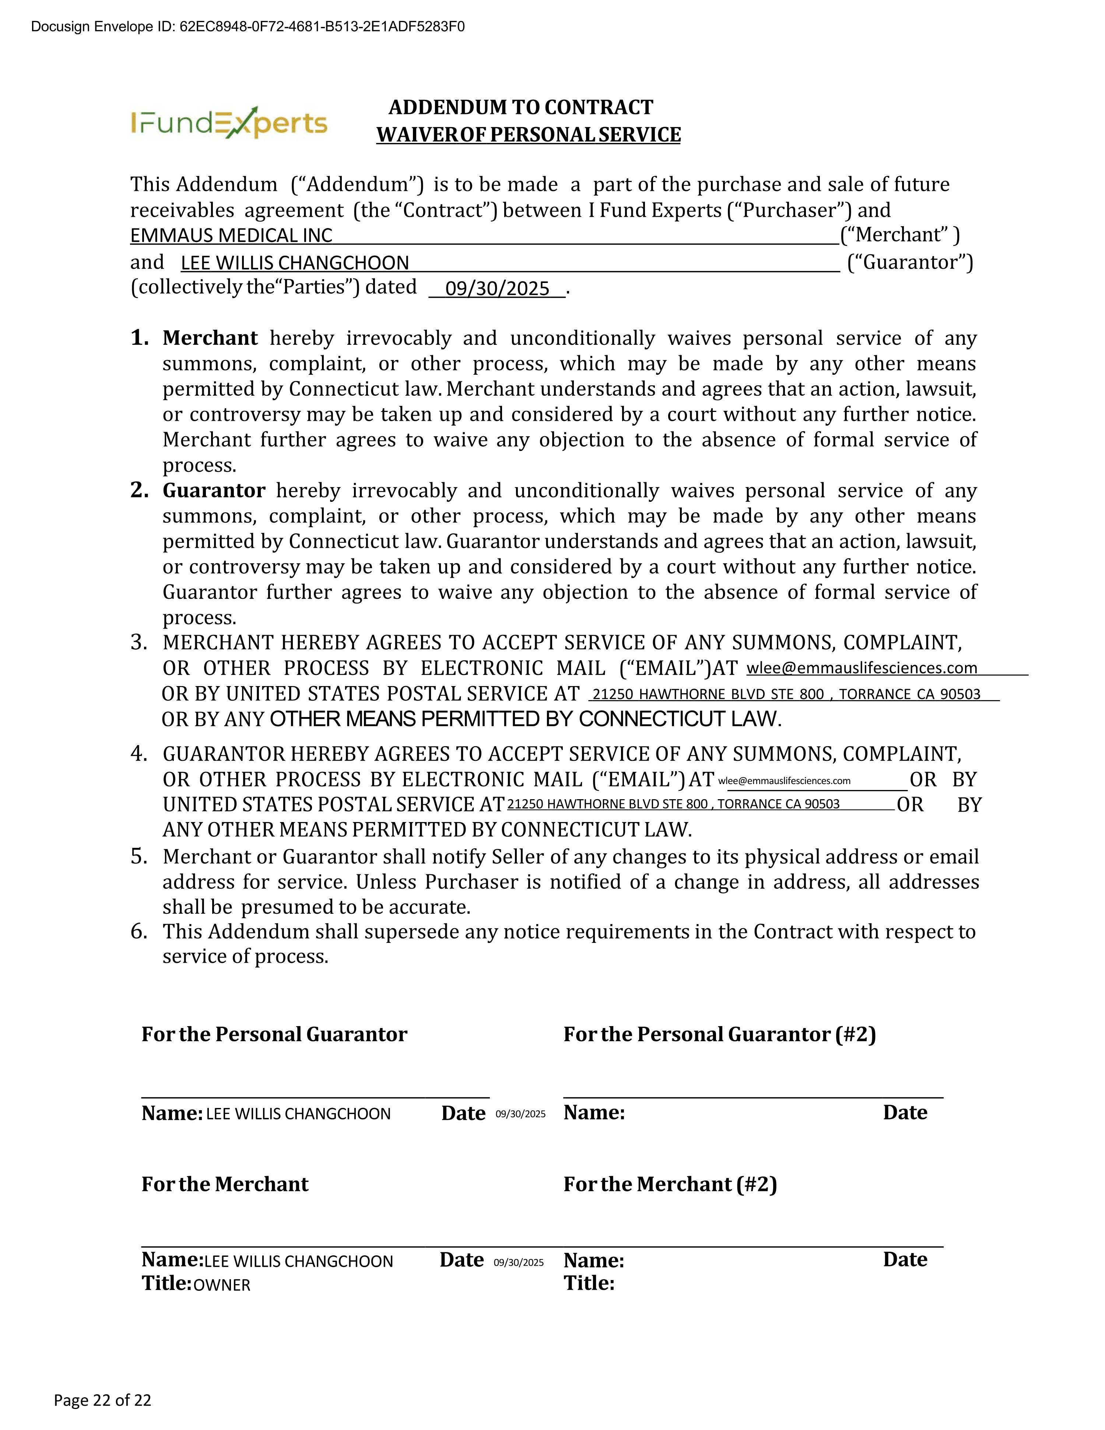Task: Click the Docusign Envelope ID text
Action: tap(248, 27)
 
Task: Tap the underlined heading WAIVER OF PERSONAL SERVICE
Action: tap(528, 135)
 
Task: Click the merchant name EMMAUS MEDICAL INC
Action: tap(231, 235)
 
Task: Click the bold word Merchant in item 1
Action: tap(210, 338)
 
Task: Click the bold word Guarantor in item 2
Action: tap(213, 490)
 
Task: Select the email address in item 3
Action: tap(862, 668)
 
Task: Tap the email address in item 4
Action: tap(784, 780)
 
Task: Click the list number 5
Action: tap(139, 856)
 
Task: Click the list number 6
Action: tap(139, 931)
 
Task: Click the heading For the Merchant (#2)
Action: tap(670, 1185)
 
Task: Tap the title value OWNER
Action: tap(222, 1285)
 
